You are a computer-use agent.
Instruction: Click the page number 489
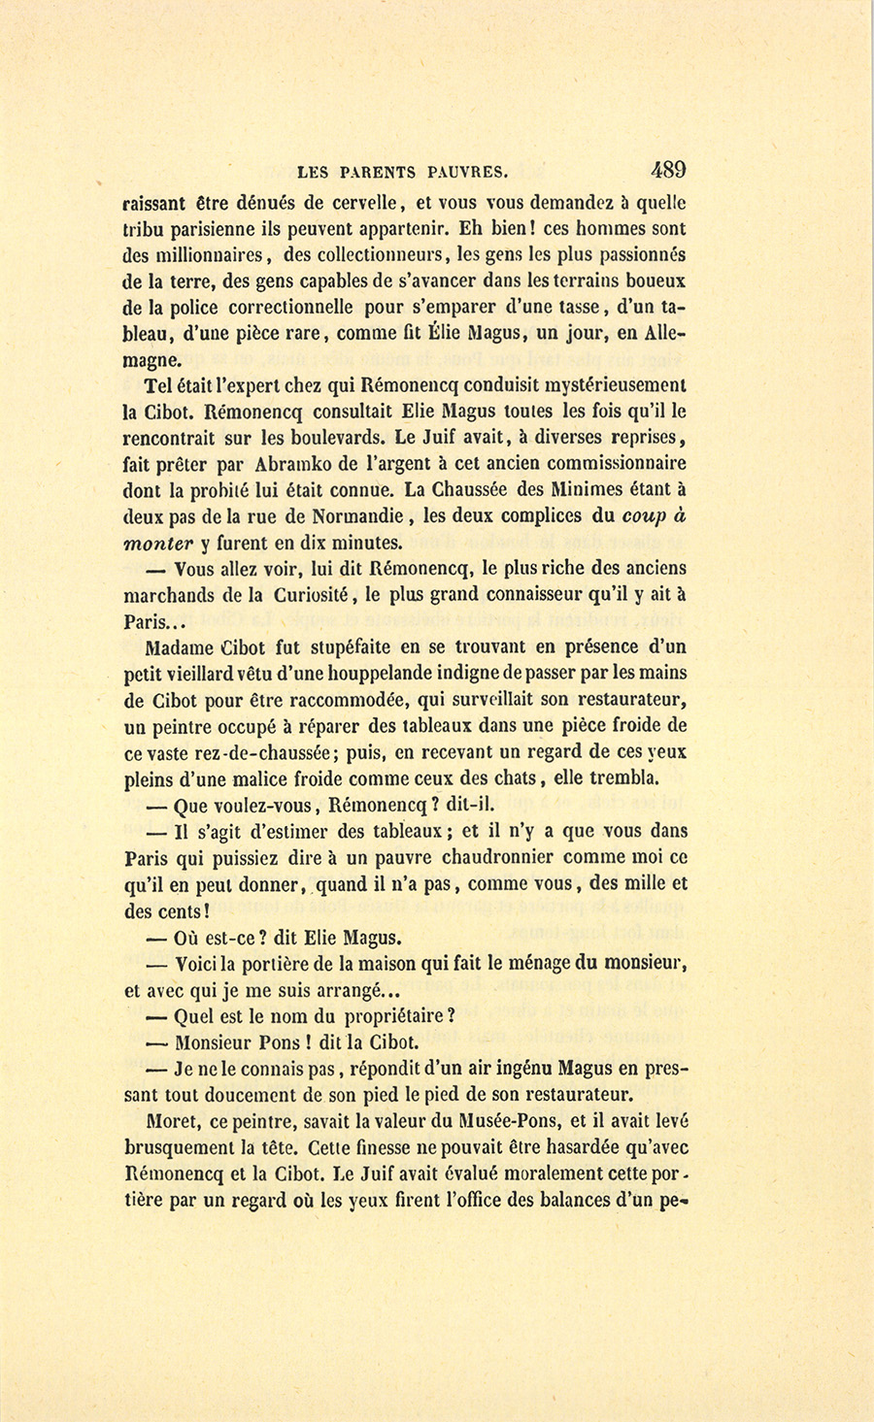click(668, 170)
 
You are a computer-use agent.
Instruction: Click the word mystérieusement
click(602, 384)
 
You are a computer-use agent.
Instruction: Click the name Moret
click(168, 1121)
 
